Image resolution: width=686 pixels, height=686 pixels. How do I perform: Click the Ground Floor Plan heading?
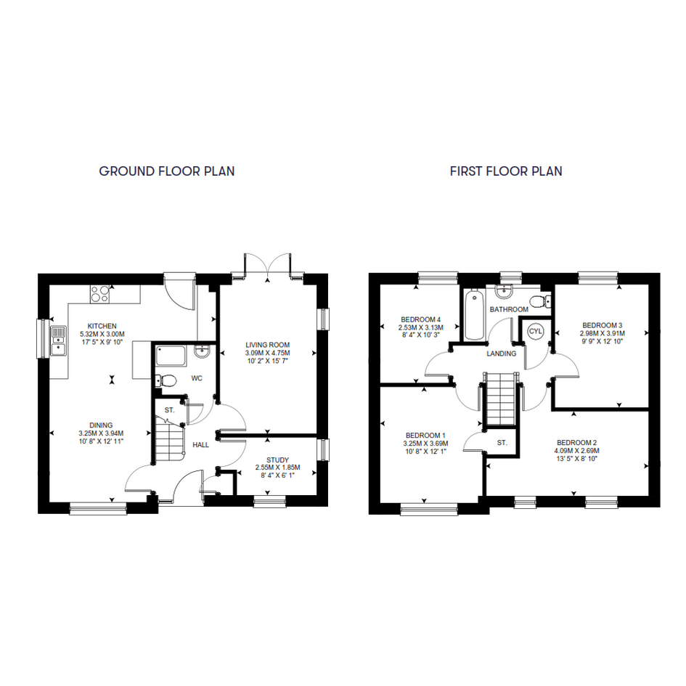[x=167, y=171]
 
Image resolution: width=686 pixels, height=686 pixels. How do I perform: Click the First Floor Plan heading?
[x=506, y=171]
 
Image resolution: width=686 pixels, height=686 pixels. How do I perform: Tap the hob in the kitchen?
[x=99, y=294]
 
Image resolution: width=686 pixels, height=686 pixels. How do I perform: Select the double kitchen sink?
[x=58, y=340]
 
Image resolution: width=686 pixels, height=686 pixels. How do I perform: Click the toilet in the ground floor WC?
[x=165, y=380]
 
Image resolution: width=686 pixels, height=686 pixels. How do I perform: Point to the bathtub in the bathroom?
[x=474, y=315]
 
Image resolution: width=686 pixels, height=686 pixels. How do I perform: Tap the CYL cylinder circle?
[x=535, y=331]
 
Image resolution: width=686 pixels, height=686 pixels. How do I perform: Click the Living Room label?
[x=268, y=345]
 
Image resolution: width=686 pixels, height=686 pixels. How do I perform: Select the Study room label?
[x=278, y=460]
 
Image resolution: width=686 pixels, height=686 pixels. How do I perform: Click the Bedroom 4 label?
[x=421, y=319]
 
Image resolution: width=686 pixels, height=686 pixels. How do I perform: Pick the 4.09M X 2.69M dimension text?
[x=576, y=451]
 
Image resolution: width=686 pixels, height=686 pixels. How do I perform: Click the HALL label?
[x=201, y=445]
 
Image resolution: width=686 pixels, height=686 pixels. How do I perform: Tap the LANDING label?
[x=502, y=354]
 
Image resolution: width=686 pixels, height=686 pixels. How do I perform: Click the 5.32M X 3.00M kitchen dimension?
[x=102, y=334]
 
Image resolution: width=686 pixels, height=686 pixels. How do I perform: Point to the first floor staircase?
[x=500, y=399]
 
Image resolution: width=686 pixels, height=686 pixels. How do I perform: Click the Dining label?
[x=101, y=425]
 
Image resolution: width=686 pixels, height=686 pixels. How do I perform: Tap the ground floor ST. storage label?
[x=169, y=410]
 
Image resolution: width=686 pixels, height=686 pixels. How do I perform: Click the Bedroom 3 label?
[x=602, y=325]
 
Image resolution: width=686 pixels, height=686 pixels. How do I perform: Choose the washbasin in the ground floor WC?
[x=203, y=351]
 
